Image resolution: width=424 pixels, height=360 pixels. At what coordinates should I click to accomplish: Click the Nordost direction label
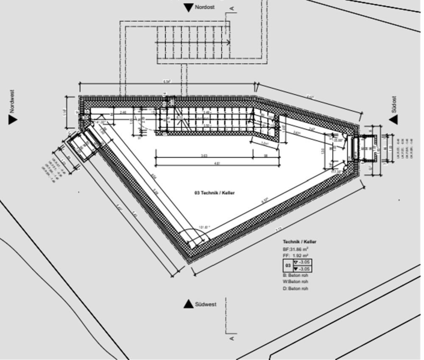pyautogui.click(x=204, y=7)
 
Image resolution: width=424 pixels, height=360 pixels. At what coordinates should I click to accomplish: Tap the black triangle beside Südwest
pyautogui.click(x=188, y=304)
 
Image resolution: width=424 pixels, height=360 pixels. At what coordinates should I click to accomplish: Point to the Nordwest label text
pyautogui.click(x=12, y=101)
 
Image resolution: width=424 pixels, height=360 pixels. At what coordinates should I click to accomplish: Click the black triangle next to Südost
pyautogui.click(x=393, y=120)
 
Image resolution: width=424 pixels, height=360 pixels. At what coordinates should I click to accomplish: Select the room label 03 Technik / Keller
pyautogui.click(x=215, y=193)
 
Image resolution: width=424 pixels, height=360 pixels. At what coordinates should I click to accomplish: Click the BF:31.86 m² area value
pyautogui.click(x=296, y=249)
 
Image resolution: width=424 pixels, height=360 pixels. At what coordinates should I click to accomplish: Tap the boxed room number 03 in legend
pyautogui.click(x=288, y=266)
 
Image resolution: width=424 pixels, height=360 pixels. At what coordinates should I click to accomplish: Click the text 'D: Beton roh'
pyautogui.click(x=296, y=289)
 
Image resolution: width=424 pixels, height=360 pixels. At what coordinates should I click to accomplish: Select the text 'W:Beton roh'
pyautogui.click(x=296, y=282)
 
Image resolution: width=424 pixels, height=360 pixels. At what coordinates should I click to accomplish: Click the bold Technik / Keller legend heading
pyautogui.click(x=299, y=242)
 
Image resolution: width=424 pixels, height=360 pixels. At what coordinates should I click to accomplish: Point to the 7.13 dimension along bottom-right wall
pyautogui.click(x=279, y=229)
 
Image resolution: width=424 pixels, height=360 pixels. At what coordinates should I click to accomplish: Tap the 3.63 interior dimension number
pyautogui.click(x=204, y=156)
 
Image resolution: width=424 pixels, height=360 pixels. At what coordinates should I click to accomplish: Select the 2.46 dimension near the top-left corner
pyautogui.click(x=123, y=112)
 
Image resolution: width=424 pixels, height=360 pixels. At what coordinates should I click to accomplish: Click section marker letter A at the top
pyautogui.click(x=232, y=8)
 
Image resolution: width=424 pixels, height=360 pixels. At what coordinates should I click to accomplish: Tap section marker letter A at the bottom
pyautogui.click(x=232, y=338)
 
